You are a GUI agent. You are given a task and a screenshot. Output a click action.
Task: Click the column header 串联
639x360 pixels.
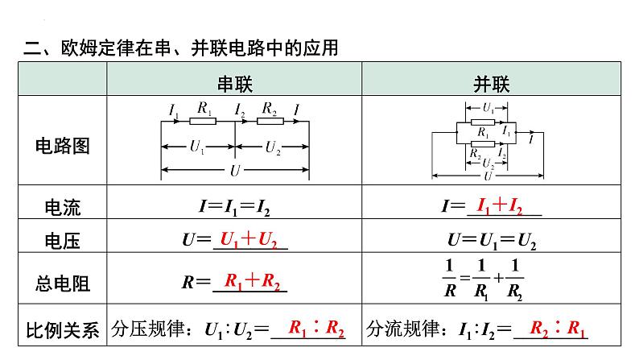pyautogui.click(x=235, y=84)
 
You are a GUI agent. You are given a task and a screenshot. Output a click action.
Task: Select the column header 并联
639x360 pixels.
pyautogui.click(x=492, y=84)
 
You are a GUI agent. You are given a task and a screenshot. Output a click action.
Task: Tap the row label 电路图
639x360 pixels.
pyautogui.click(x=62, y=146)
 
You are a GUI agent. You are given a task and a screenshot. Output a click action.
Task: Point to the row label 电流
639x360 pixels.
pyautogui.click(x=62, y=207)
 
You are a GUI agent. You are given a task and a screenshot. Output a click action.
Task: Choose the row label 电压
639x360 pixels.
pyautogui.click(x=62, y=241)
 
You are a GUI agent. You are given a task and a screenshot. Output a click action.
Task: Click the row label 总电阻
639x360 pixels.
pyautogui.click(x=62, y=283)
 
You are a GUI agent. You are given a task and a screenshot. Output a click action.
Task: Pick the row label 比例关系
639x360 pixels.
pyautogui.click(x=62, y=330)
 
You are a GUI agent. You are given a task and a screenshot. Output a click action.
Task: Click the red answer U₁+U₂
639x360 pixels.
pyautogui.click(x=249, y=239)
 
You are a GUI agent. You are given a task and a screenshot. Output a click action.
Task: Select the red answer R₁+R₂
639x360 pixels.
pyautogui.click(x=252, y=281)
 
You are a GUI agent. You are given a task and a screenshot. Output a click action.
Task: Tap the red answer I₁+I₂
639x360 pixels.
pyautogui.click(x=500, y=206)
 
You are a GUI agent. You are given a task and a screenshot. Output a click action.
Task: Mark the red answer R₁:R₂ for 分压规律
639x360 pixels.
pyautogui.click(x=316, y=328)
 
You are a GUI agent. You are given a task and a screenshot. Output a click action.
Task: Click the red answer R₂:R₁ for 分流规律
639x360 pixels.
pyautogui.click(x=558, y=328)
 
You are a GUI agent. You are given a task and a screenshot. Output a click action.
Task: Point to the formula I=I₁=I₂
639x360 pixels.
pyautogui.click(x=234, y=207)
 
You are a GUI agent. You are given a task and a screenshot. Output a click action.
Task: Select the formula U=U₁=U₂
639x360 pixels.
pyautogui.click(x=492, y=241)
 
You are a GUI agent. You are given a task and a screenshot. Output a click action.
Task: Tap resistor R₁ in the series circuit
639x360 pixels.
pyautogui.click(x=203, y=121)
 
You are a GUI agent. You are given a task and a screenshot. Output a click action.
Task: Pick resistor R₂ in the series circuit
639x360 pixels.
pyautogui.click(x=270, y=121)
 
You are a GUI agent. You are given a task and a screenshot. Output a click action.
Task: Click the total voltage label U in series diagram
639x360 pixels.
pyautogui.click(x=235, y=171)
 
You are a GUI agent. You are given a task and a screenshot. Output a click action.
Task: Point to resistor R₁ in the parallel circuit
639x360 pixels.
pyautogui.click(x=483, y=122)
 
